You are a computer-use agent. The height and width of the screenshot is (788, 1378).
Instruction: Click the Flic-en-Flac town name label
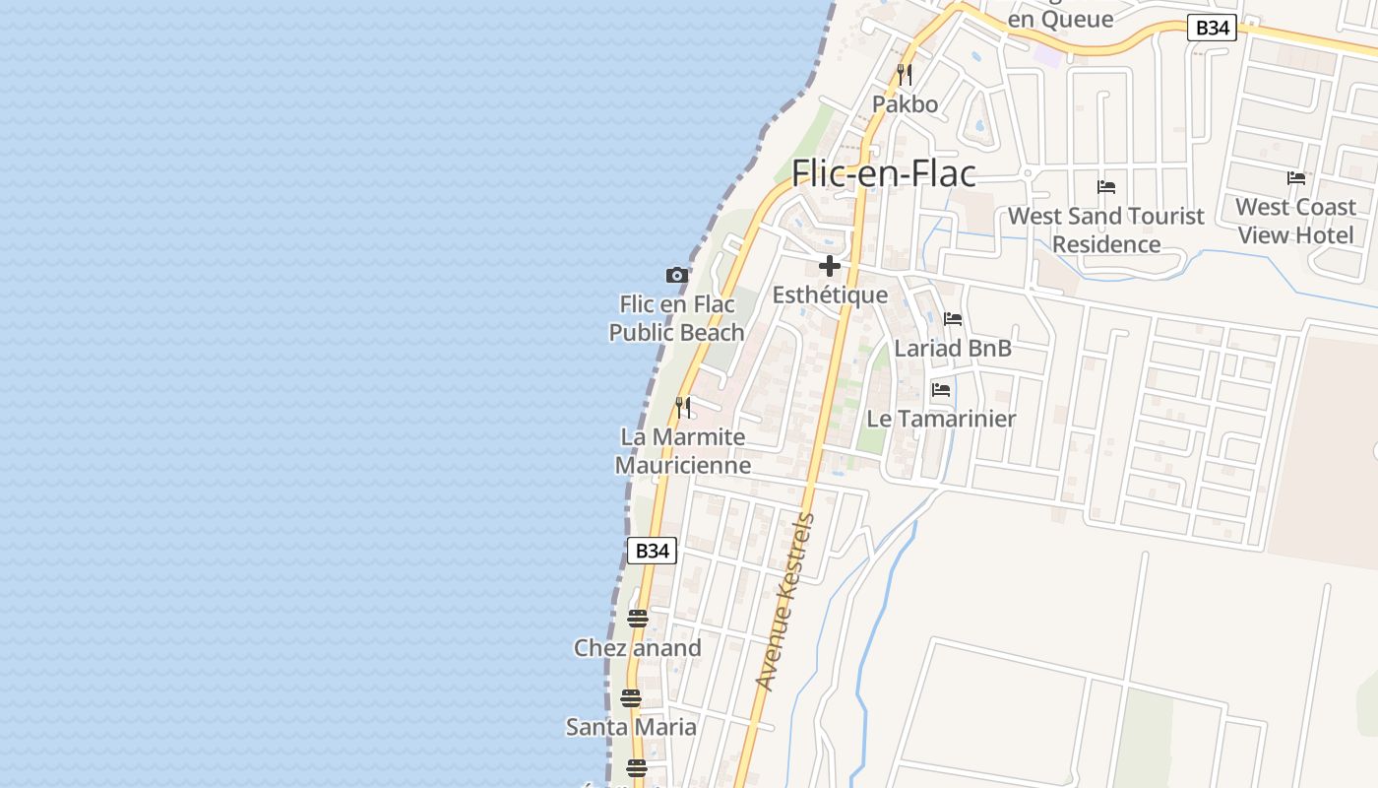(884, 173)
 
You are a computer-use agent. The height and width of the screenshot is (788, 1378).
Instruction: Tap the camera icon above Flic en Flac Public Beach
(676, 275)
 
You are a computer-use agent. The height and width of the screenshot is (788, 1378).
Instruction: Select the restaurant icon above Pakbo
(905, 74)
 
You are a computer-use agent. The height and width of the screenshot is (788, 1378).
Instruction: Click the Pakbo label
(905, 103)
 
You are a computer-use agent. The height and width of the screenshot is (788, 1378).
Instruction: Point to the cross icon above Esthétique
(830, 266)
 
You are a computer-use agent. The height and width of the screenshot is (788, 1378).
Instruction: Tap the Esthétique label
(830, 295)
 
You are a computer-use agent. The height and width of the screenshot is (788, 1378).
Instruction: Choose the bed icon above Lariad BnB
(953, 319)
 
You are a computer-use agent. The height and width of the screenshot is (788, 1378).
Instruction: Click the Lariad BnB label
(953, 348)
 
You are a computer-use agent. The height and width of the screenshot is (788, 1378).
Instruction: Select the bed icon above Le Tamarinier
(941, 390)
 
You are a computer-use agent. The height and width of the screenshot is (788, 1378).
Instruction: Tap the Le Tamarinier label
(941, 419)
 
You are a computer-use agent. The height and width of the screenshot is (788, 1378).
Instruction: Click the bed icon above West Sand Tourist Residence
(1106, 187)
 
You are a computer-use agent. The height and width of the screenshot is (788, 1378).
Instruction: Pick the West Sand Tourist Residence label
(1106, 230)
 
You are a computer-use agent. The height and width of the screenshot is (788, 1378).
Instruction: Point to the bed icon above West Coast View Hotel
(1296, 178)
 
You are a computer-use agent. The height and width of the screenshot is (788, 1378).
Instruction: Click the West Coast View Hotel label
(1296, 221)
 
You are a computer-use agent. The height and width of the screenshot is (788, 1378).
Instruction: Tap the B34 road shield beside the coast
(652, 551)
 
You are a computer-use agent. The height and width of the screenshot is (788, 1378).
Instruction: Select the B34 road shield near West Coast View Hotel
(1211, 28)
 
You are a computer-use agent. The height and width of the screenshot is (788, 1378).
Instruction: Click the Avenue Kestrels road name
(785, 601)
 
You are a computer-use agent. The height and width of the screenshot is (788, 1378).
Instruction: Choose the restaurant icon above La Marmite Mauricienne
(683, 407)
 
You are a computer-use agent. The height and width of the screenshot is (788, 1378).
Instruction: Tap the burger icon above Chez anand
(638, 619)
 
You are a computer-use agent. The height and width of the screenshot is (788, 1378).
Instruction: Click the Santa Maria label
(631, 727)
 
